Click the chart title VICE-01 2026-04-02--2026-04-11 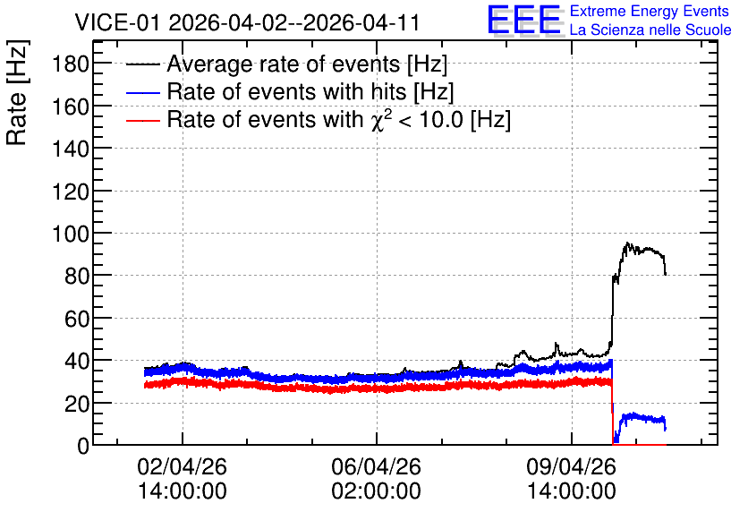click(247, 22)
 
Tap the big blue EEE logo click(523, 20)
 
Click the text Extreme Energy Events click(650, 11)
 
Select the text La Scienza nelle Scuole click(650, 30)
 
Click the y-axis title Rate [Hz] click(17, 92)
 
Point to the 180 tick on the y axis click(71, 64)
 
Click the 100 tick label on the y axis click(71, 234)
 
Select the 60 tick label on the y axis click(77, 319)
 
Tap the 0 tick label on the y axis click(83, 446)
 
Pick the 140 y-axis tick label click(71, 149)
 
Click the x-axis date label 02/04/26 click(182, 466)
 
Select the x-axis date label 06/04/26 click(377, 466)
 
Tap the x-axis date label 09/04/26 click(571, 466)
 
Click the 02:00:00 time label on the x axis click(377, 491)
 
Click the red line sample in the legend click(143, 121)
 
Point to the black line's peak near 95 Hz click(627, 243)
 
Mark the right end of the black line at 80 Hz click(666, 275)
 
